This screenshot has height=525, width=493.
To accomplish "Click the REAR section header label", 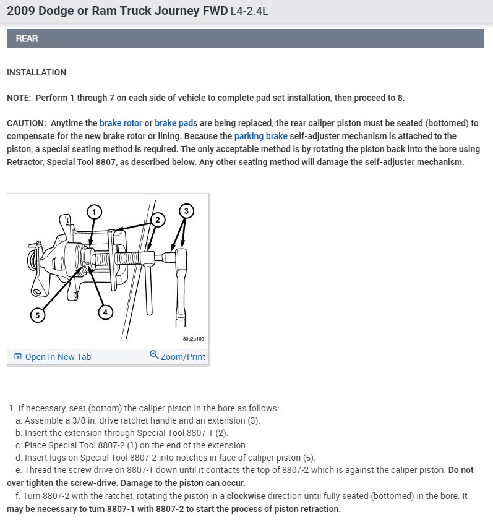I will (x=27, y=38).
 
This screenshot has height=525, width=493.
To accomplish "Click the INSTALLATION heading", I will (x=36, y=72).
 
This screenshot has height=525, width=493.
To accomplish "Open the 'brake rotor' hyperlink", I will (x=121, y=123).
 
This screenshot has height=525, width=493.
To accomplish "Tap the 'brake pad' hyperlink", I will (x=173, y=123).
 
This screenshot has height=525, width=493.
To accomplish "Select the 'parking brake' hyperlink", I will (x=260, y=136).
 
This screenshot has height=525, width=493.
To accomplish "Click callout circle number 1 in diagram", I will (x=94, y=212).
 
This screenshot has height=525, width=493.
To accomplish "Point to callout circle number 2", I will (x=158, y=219).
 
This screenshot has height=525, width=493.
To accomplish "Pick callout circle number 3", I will (x=186, y=211).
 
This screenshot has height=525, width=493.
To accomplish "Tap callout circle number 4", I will (x=105, y=312).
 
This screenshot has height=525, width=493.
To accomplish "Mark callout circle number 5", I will (x=38, y=315).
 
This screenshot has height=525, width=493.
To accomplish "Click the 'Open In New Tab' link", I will (x=58, y=357).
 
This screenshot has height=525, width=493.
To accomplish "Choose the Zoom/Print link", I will (x=182, y=357).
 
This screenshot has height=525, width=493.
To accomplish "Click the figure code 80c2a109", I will (x=194, y=339).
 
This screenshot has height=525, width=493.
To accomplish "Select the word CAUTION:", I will (x=27, y=123).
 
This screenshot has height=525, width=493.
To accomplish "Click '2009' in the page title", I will (x=22, y=11).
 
